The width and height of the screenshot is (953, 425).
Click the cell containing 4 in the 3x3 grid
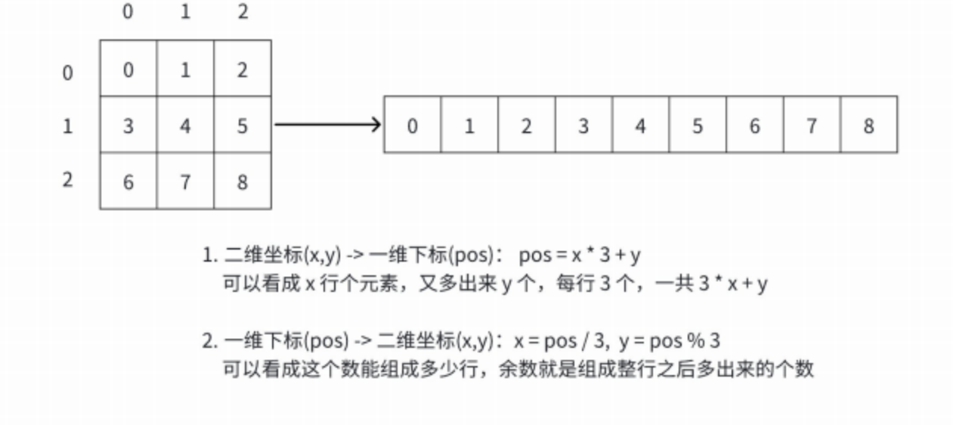(185, 125)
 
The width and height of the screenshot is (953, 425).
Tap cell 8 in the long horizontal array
(868, 125)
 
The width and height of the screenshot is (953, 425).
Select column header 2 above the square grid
(242, 13)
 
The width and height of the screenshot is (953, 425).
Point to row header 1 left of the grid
(68, 126)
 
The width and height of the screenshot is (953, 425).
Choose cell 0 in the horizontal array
(412, 125)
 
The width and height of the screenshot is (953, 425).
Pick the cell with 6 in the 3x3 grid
(128, 181)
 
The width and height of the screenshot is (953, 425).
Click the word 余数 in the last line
(514, 369)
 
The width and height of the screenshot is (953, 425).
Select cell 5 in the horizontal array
(697, 125)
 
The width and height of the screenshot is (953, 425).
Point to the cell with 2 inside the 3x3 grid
(242, 70)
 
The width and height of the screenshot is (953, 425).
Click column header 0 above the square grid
(128, 13)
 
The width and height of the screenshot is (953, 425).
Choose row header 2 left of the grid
(68, 181)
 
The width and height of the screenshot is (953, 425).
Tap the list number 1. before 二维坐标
(209, 256)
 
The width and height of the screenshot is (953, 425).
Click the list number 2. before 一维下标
(209, 342)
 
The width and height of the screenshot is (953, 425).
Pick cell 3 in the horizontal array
(583, 125)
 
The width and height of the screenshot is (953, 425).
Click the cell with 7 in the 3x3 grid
(185, 181)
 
